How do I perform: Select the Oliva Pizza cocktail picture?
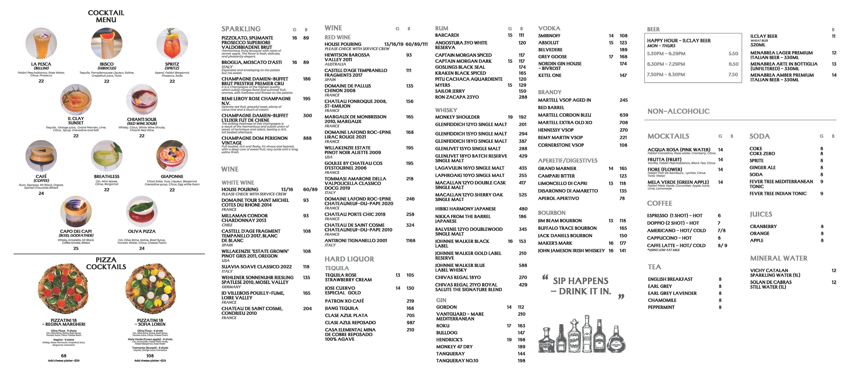tap(142, 212)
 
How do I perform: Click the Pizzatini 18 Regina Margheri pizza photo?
tap(64, 288)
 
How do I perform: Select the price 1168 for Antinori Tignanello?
tap(410, 241)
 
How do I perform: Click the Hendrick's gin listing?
tap(449, 340)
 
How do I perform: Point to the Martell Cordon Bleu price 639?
tap(624, 115)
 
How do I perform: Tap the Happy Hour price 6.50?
tap(733, 64)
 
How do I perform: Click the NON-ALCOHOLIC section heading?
tap(678, 111)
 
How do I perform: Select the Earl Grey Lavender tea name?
tap(672, 293)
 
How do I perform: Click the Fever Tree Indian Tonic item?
tap(778, 194)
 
